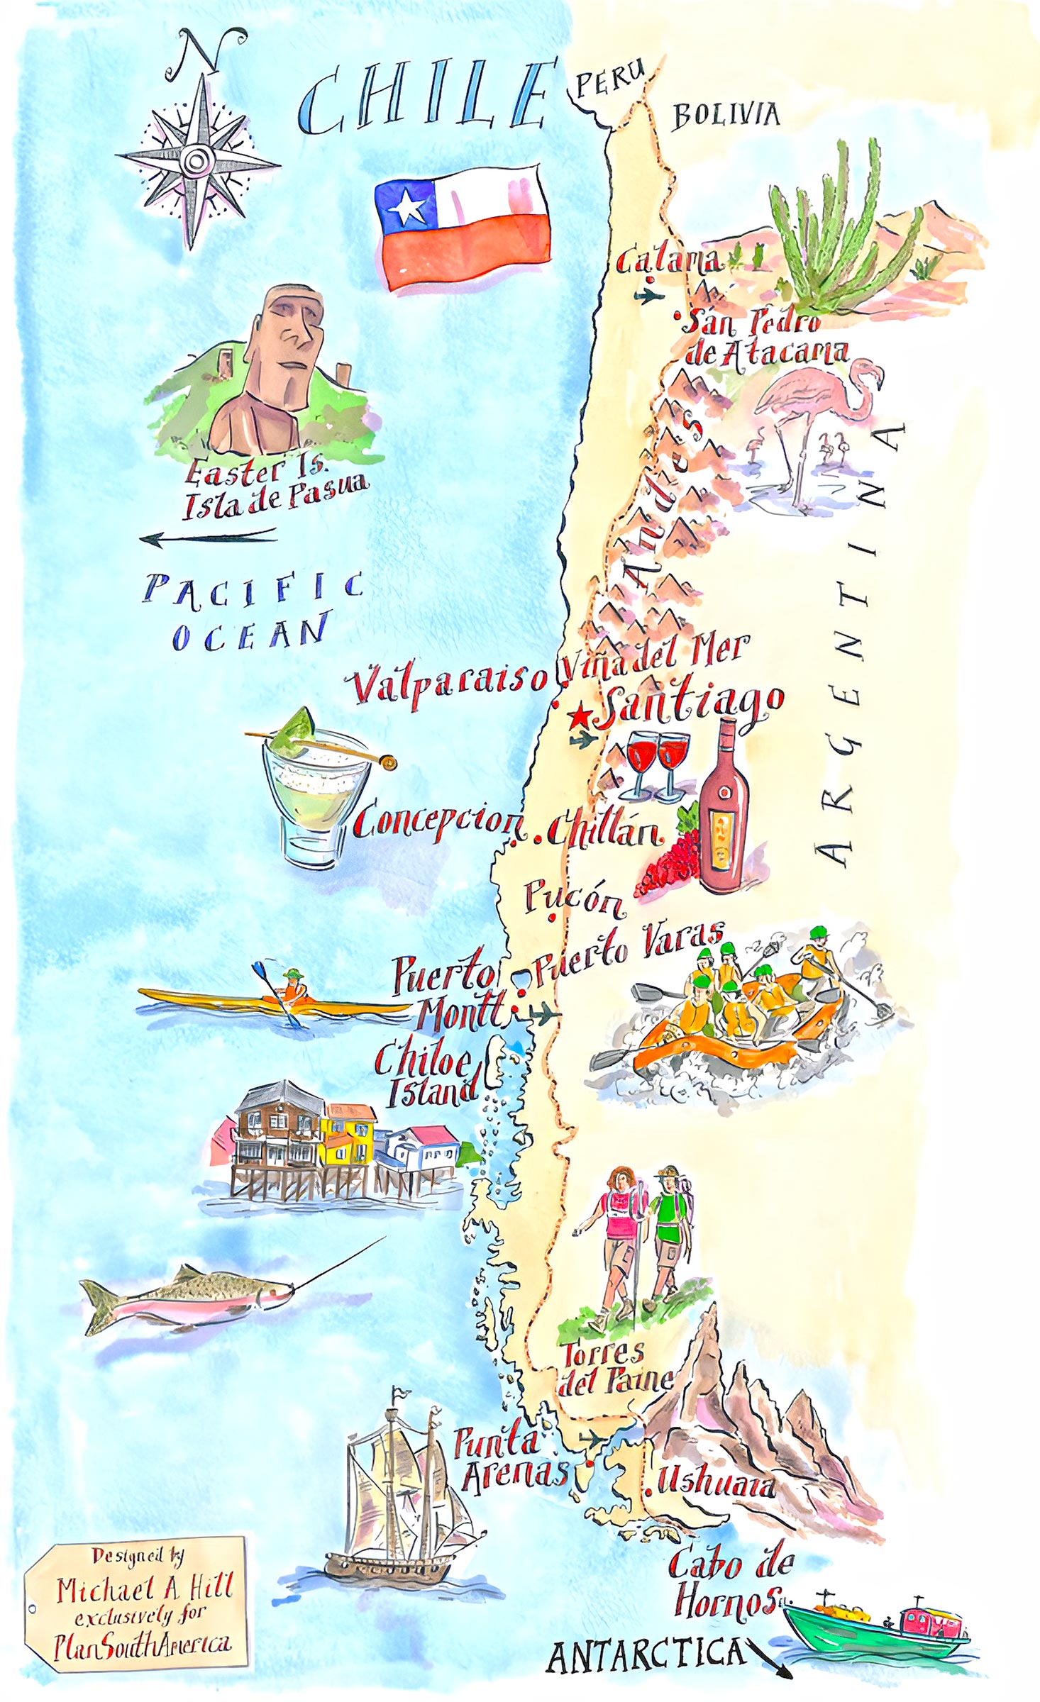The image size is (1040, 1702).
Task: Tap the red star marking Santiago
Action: pos(580,716)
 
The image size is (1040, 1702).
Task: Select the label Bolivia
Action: pos(725,115)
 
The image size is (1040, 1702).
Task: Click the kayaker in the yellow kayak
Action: pos(292,985)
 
